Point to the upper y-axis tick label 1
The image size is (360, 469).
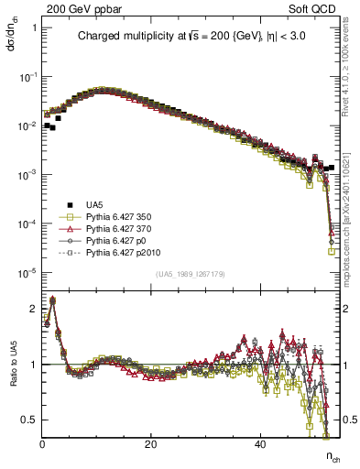34,27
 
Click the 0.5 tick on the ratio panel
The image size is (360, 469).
31,420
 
